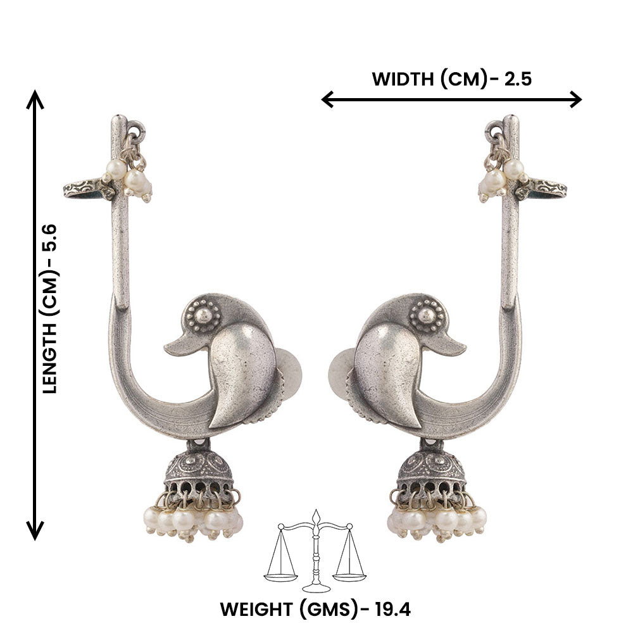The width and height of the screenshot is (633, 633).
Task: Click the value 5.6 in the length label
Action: coord(50,236)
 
